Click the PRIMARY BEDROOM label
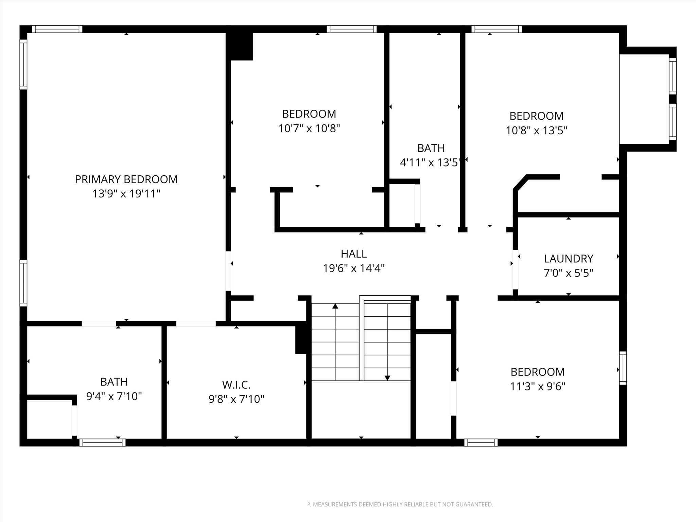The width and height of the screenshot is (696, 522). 126,179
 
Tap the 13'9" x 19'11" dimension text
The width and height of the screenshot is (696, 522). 126,194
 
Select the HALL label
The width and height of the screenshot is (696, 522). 354,254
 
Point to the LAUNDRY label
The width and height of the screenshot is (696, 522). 568,259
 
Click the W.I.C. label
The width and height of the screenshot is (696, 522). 236,385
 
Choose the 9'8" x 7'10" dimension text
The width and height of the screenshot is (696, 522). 236,399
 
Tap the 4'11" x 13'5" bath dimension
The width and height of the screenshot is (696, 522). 430,163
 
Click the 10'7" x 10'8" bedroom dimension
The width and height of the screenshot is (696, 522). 309,128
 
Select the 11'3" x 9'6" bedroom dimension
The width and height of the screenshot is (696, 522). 538,386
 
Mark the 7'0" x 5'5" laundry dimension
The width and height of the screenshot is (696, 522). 568,273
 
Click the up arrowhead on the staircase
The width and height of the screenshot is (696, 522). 335,306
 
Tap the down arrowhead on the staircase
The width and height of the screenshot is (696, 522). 387,378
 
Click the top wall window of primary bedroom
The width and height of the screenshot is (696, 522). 57,29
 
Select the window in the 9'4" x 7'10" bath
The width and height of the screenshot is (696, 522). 102,442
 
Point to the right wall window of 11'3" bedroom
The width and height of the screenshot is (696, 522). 623,368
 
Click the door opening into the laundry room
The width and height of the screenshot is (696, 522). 515,269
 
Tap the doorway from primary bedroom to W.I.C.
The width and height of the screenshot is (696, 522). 196,324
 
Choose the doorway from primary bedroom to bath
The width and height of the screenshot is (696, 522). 99,324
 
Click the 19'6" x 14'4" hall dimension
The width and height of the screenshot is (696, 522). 354,268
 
